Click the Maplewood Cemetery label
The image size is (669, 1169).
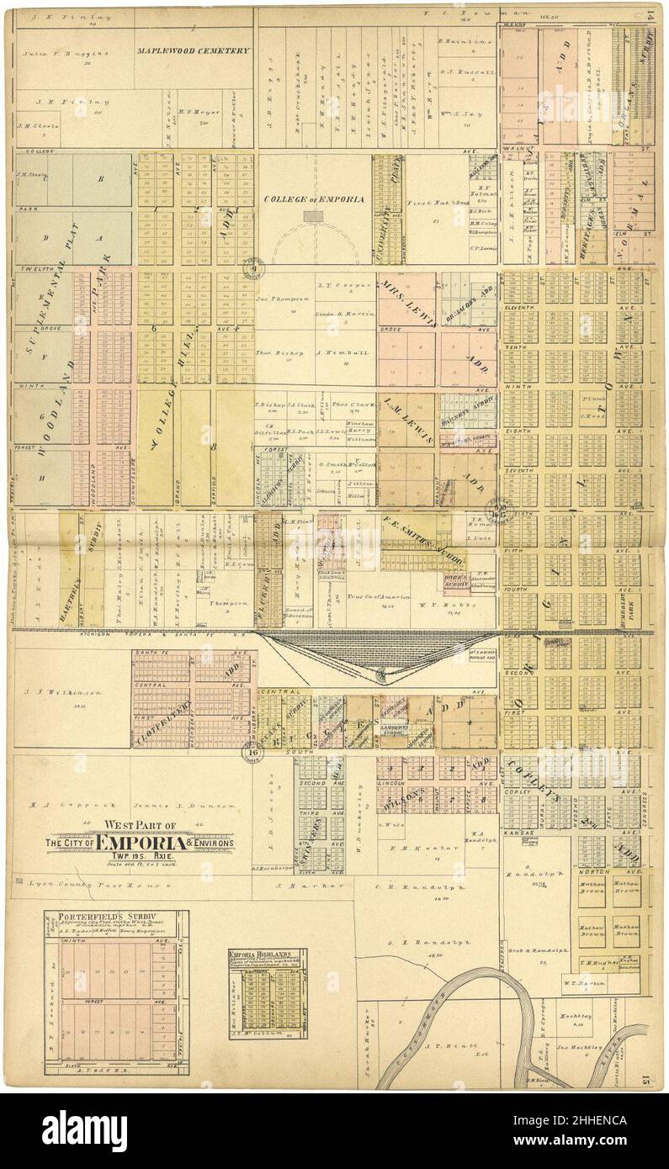pos(194,50)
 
